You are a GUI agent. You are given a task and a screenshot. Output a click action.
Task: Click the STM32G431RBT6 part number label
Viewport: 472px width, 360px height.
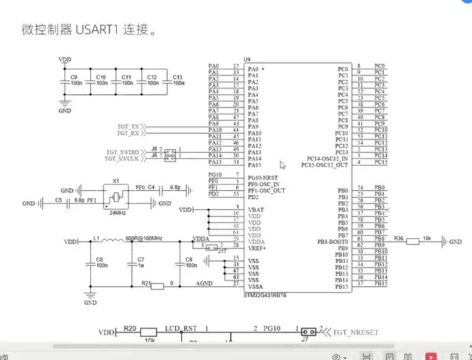coord(266,294)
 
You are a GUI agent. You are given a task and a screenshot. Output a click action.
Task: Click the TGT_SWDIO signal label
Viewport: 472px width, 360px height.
coord(122,151)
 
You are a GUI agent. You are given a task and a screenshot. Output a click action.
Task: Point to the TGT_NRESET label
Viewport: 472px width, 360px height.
coord(355,332)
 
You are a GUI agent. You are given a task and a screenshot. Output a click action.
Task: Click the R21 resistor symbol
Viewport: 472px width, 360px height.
coord(158,286)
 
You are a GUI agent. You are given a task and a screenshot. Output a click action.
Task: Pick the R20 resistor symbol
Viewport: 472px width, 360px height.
coord(148,333)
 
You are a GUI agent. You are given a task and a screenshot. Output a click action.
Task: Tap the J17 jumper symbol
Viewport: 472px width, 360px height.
coord(213,248)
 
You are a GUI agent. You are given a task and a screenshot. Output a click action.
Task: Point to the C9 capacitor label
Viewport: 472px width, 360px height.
coord(74,77)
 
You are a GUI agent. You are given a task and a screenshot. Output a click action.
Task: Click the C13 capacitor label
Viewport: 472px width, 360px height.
coord(177,77)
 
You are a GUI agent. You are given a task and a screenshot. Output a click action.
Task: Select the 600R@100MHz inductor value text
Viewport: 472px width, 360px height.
coord(144,238)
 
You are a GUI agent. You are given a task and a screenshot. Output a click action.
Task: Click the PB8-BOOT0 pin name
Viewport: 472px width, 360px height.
coord(332,242)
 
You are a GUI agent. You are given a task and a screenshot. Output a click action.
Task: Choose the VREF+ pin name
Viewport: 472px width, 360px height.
coord(257,248)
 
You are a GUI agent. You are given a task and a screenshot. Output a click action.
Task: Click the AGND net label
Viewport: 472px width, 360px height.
coord(205,282)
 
